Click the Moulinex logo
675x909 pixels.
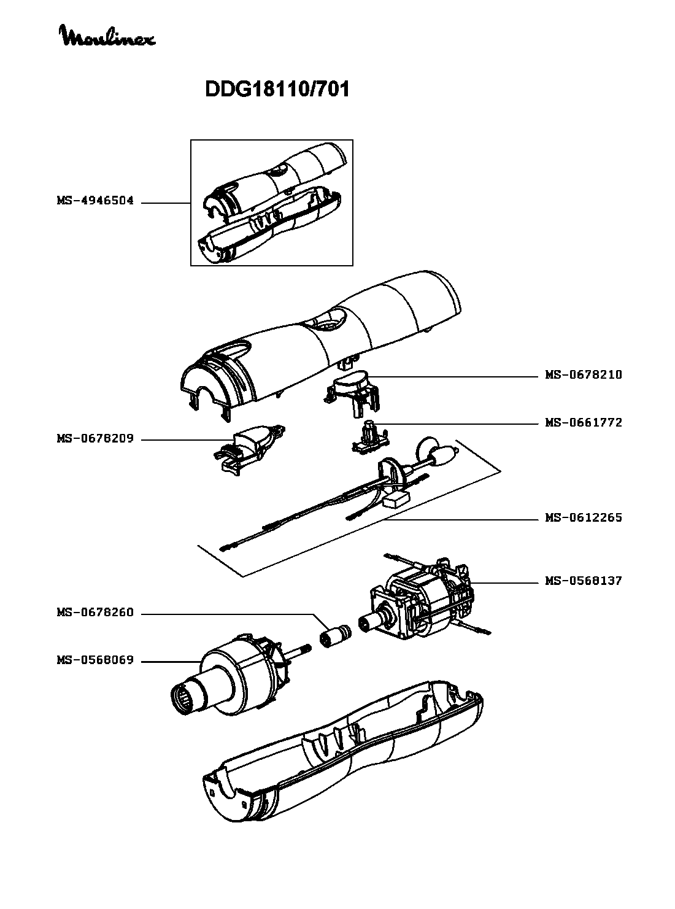coord(107,36)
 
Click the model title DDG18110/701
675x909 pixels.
coord(277,90)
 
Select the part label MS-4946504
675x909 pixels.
coord(95,201)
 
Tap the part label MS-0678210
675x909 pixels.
coord(583,374)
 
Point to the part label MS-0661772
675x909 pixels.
coord(583,422)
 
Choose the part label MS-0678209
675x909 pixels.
coord(95,439)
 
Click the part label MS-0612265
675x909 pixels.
coord(583,517)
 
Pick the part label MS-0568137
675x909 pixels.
coord(583,581)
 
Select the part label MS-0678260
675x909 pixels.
coord(95,613)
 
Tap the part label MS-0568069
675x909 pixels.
coord(95,660)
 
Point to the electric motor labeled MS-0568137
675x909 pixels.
coord(423,598)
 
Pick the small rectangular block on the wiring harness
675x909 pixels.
coord(396,500)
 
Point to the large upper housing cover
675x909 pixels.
coord(325,344)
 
